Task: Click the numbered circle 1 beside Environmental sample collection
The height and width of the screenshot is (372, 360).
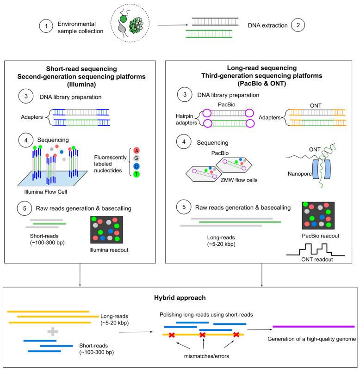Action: coord(46,26)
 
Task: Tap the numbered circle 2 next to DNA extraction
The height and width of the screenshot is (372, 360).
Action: coord(298,25)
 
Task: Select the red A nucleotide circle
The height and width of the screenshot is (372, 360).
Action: coord(137,150)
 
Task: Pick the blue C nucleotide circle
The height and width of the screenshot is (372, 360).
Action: coord(137,166)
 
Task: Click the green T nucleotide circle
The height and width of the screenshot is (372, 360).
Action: coord(137,174)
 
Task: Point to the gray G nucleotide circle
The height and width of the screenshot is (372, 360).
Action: coord(137,158)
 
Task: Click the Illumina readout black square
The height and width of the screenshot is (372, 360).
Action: coord(107,229)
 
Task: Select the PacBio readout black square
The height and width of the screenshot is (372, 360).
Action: coord(318,215)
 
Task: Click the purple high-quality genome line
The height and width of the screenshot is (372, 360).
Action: coord(314,327)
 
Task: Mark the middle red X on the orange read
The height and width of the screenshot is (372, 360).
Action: coord(203,335)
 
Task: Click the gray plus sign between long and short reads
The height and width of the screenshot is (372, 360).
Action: coord(53,331)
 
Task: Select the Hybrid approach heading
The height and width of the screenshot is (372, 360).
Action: coord(180,298)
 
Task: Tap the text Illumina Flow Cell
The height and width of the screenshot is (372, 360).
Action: coord(46,192)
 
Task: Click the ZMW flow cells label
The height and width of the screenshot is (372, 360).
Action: coord(239,180)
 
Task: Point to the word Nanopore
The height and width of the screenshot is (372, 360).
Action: coord(300,174)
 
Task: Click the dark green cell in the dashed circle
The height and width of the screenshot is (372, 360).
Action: coord(124,19)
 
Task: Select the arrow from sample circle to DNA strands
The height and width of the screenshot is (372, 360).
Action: coord(173,25)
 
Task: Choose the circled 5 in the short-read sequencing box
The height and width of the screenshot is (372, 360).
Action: coord(25,208)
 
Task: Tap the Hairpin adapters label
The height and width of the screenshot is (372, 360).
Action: coord(186,119)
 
